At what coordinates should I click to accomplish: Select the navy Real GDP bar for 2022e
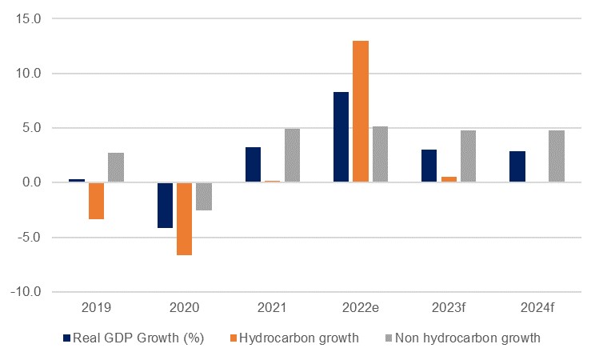[341, 137]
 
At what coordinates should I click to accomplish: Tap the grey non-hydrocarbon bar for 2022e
[380, 154]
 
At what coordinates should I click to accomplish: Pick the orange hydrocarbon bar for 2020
[185, 218]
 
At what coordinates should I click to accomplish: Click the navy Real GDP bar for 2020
[165, 205]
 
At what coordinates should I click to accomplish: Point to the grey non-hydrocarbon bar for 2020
[204, 196]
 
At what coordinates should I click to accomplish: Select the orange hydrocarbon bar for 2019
[96, 201]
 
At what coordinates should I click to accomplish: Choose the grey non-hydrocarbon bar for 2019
[116, 167]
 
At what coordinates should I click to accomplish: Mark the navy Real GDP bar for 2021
[253, 165]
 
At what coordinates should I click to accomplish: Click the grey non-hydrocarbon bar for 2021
[292, 155]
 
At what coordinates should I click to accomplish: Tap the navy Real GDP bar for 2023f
[429, 166]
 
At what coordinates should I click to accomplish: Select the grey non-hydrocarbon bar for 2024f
[556, 156]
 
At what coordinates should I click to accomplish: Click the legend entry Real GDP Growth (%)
[134, 338]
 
